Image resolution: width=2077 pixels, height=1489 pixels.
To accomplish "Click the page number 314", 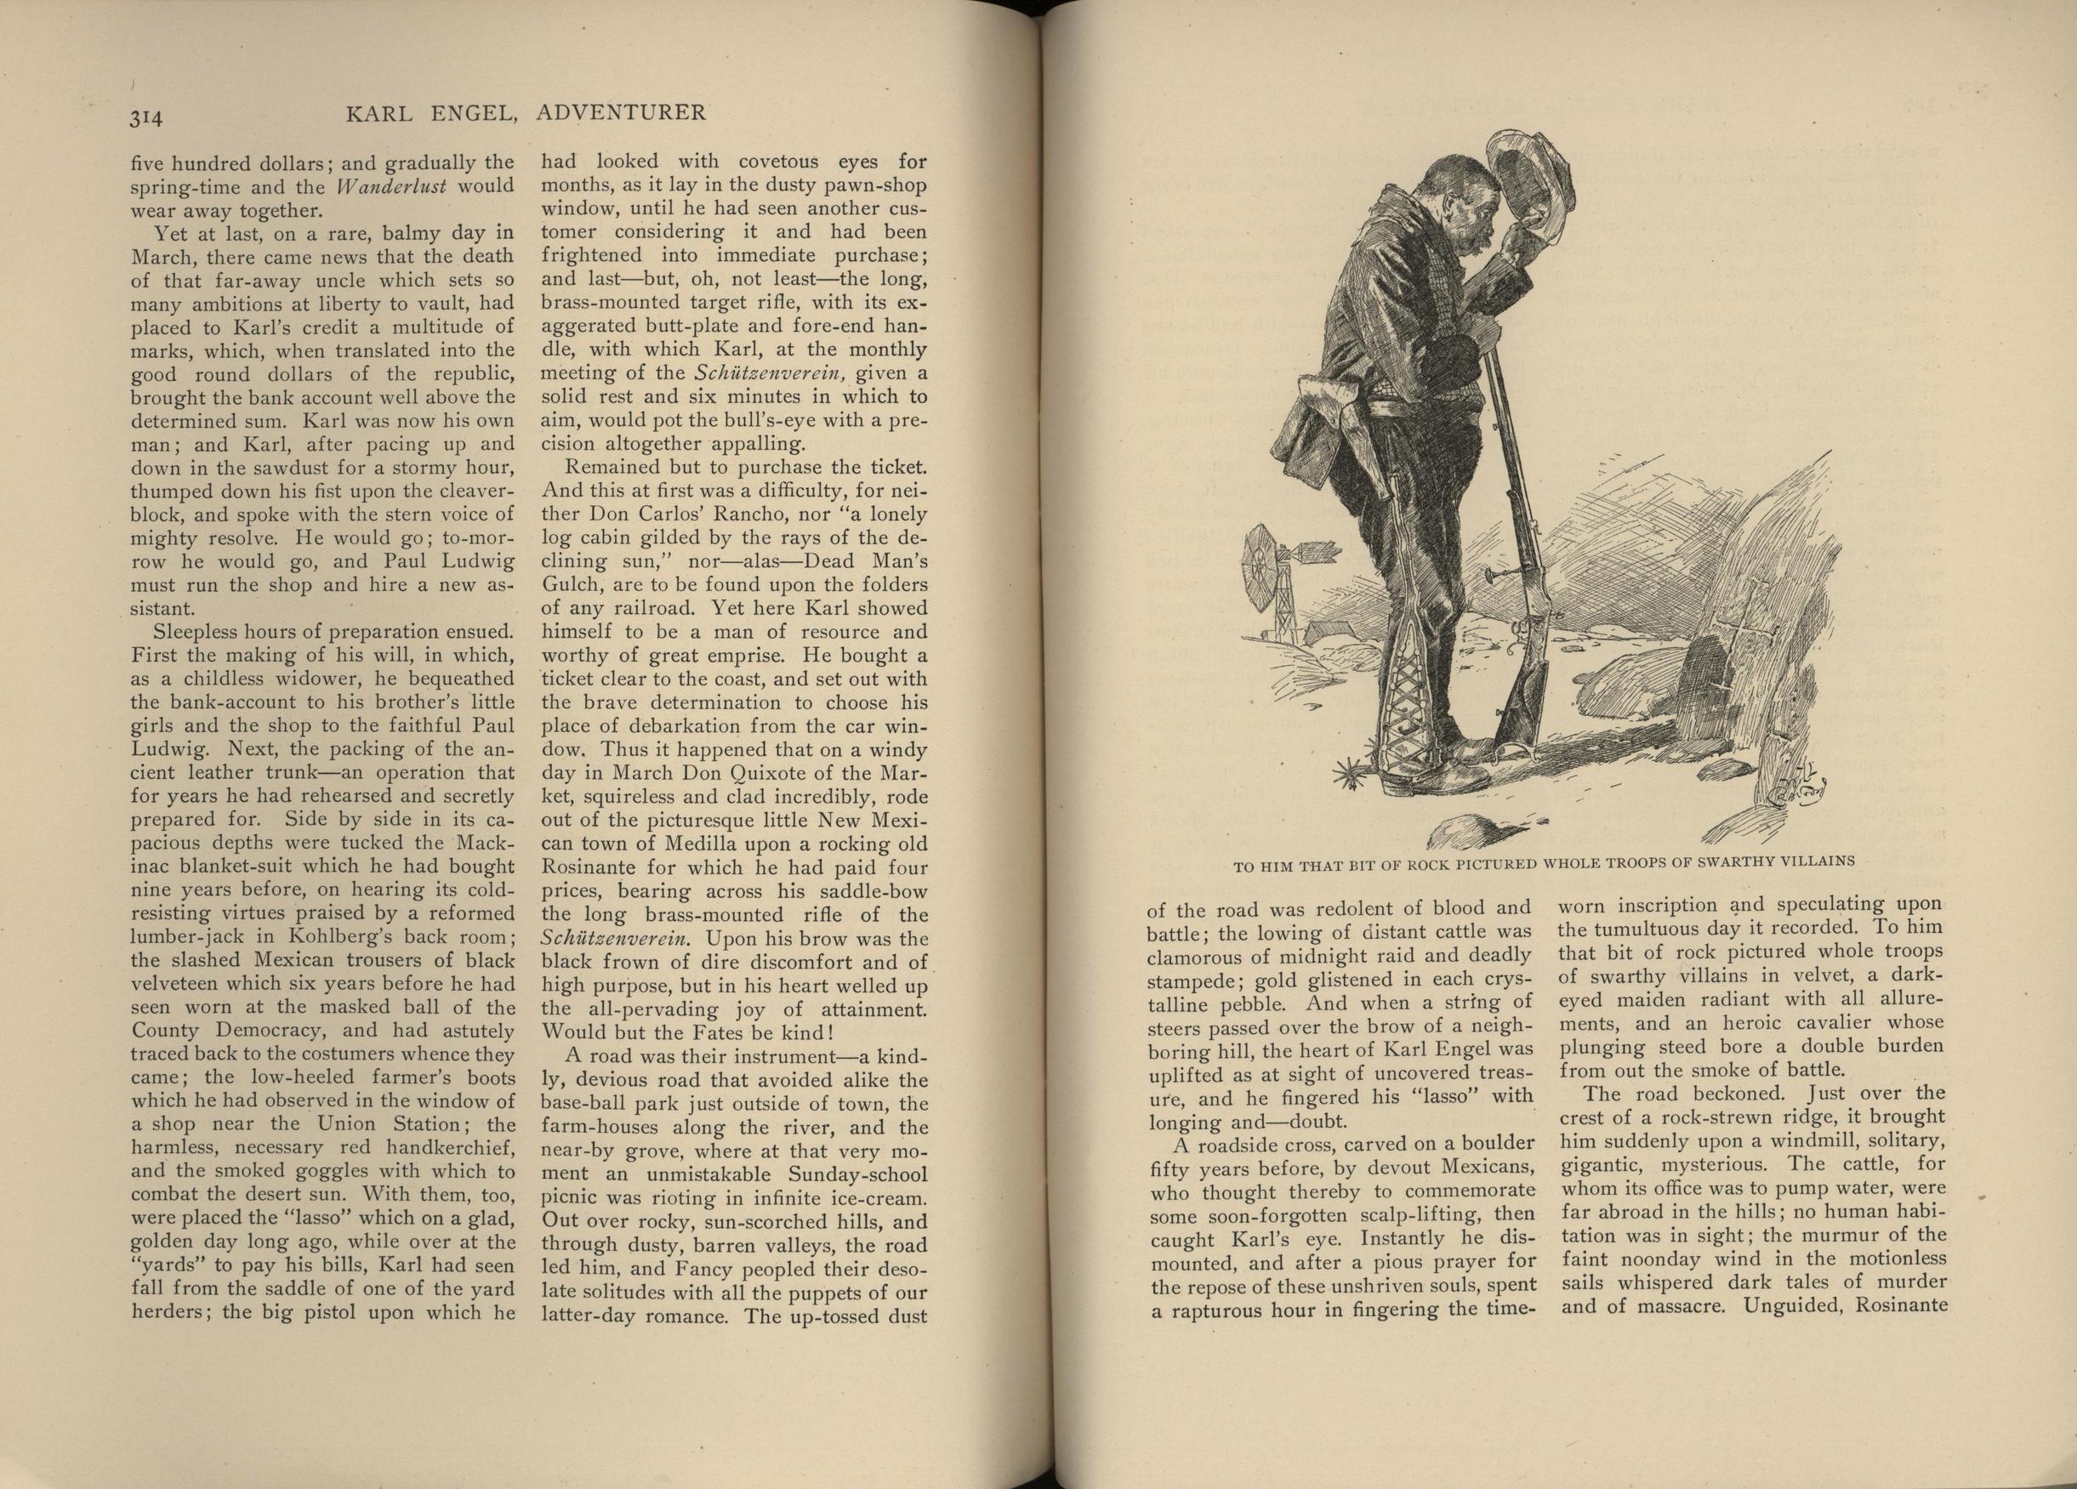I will pyautogui.click(x=145, y=117).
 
